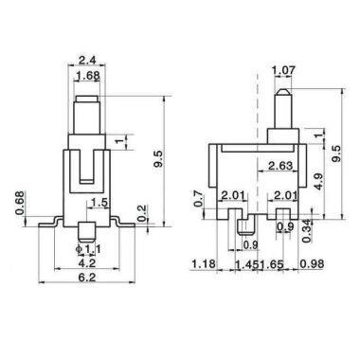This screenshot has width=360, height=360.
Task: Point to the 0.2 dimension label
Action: pyautogui.click(x=141, y=209)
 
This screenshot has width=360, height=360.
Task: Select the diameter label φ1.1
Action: pyautogui.click(x=87, y=249)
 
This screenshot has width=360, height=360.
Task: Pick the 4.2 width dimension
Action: pyautogui.click(x=86, y=264)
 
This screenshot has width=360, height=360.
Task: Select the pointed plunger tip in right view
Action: pyautogui.click(x=281, y=95)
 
